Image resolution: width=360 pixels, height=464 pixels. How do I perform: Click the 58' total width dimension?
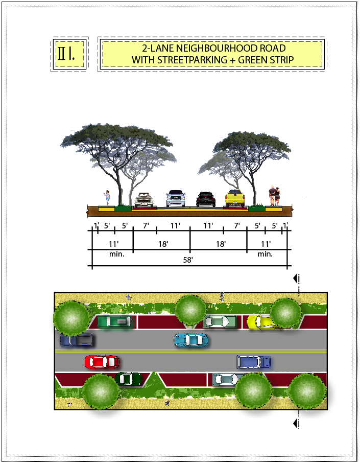[x=188, y=260]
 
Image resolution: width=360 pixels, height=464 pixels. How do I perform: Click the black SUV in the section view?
[x=206, y=199]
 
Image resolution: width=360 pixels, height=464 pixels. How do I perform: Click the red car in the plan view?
[x=102, y=362]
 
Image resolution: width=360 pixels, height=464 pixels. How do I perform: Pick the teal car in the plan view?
[x=191, y=339]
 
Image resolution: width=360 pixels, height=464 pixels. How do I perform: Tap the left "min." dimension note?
[x=117, y=254]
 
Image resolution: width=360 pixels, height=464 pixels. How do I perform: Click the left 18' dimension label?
[x=163, y=244]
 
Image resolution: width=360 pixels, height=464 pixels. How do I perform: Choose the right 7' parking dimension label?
[x=237, y=225]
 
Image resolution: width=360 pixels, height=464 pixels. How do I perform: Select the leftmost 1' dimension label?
[x=95, y=225]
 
